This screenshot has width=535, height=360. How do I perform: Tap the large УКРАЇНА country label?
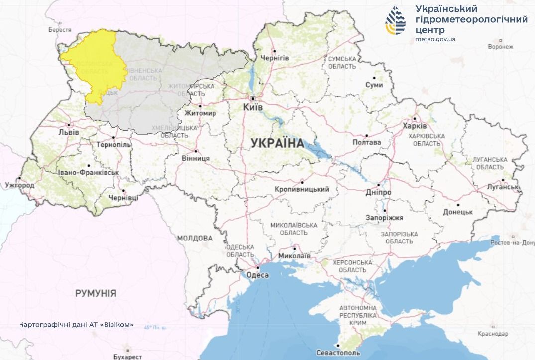click(277, 143)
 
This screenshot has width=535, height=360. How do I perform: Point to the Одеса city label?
click(258, 275)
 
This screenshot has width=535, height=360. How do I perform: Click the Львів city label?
click(68, 133)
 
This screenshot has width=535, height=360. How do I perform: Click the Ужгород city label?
click(20, 185)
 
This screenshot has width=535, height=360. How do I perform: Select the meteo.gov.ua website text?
click(435, 39)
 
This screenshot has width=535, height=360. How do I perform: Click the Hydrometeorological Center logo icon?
click(395, 21)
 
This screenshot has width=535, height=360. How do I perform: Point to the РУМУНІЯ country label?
click(96, 293)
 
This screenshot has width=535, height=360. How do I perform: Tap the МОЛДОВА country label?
click(195, 238)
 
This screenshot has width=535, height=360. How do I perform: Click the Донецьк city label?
click(457, 212)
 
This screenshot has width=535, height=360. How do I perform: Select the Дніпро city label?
click(378, 192)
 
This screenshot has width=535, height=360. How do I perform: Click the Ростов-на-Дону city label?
click(512, 242)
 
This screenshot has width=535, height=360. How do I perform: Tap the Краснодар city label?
click(492, 333)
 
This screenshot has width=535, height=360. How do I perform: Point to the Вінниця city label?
click(197, 158)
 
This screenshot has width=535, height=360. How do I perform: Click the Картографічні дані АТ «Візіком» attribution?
click(77, 324)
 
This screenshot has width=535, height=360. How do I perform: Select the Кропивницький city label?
click(302, 189)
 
